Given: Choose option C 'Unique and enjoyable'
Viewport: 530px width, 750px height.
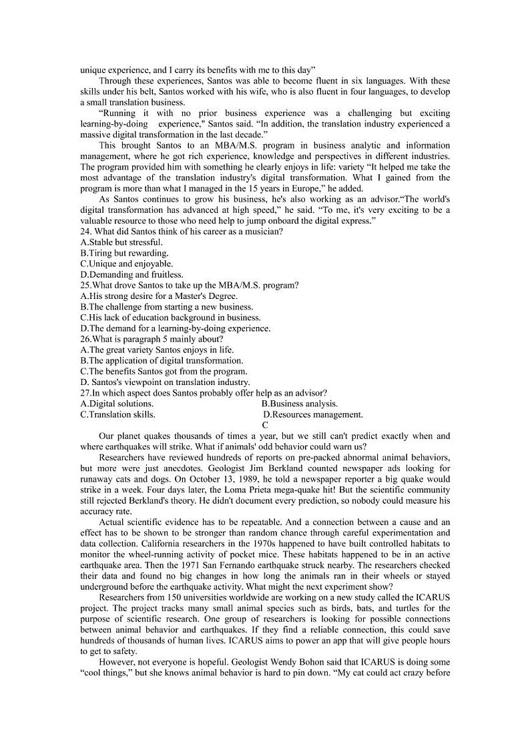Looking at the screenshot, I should (126, 264).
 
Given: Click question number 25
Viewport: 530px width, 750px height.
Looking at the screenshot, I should (85, 285).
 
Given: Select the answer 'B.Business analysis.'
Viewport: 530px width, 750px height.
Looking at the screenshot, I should (300, 404).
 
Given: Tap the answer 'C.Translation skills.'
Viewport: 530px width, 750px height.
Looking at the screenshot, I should (117, 414).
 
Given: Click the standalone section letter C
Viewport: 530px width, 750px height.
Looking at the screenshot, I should (265, 425).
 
